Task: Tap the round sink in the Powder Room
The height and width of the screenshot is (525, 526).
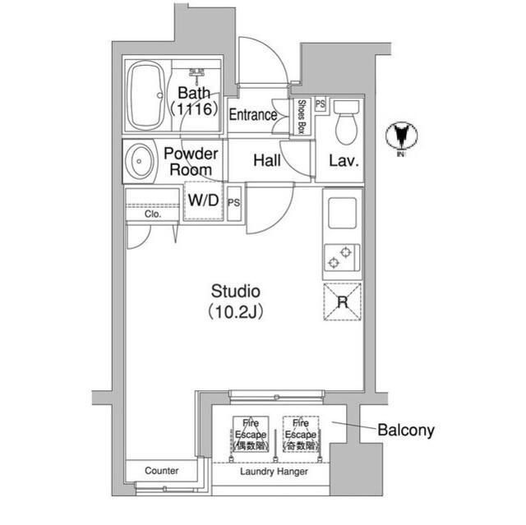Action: coord(140,161)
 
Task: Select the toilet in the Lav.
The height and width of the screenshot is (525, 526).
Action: coord(346,121)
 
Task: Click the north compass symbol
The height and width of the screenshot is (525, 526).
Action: coord(402,136)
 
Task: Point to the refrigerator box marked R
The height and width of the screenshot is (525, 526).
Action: coord(342,302)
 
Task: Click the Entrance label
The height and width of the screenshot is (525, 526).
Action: coord(252,116)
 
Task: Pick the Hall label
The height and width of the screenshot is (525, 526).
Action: coord(268,161)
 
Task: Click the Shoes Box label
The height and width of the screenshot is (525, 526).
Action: coord(302,116)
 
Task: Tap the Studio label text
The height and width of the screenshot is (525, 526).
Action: coord(236,291)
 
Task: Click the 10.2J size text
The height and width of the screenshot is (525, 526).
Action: coord(236,311)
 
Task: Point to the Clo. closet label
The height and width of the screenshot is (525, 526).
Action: coord(153,214)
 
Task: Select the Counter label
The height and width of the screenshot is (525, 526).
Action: coord(161,471)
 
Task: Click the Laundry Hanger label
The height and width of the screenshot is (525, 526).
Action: coord(274,473)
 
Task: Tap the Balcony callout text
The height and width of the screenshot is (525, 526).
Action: coord(406,430)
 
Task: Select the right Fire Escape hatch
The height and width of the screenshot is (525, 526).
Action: coord(300,433)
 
